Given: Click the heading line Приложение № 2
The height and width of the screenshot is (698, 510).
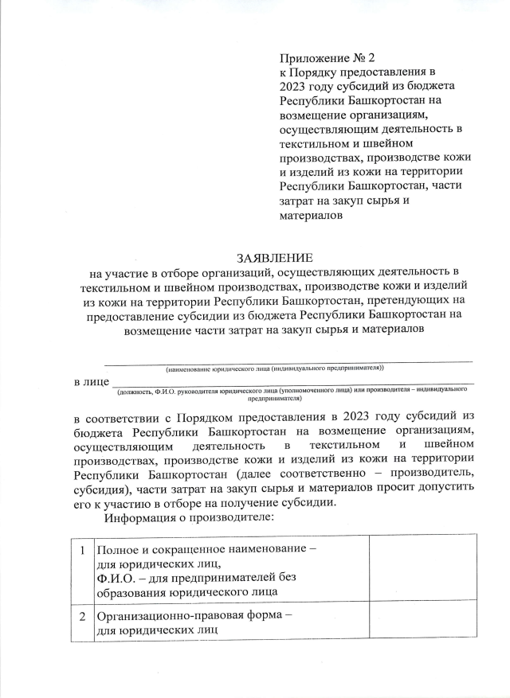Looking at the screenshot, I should pos(326,58).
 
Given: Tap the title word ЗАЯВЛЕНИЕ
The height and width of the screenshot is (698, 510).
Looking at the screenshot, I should pos(275,258).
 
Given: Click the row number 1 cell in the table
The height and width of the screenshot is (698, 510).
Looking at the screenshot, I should pos(83,550).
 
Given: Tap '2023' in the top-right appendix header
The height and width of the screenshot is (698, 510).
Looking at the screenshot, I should pos(294,87).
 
